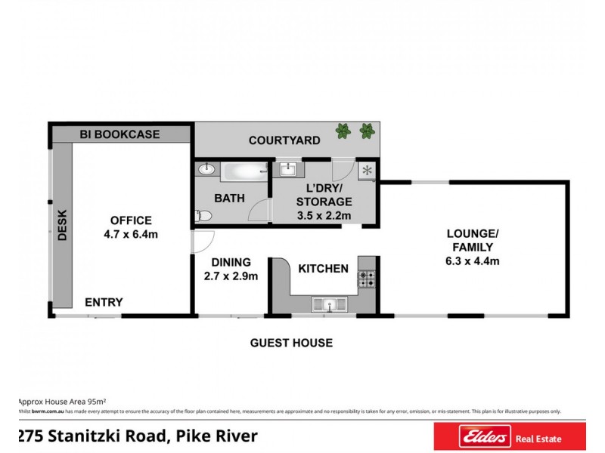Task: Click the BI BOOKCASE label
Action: tap(120, 134)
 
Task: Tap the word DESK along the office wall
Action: tap(63, 224)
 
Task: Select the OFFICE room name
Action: tap(131, 220)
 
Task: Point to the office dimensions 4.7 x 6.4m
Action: tap(131, 234)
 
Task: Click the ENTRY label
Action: tap(104, 302)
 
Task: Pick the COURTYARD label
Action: tap(284, 140)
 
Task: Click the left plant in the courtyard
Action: tap(343, 131)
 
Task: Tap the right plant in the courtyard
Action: tap(367, 131)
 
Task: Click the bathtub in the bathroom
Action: tap(244, 171)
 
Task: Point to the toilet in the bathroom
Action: tap(203, 216)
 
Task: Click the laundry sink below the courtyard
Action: tap(288, 168)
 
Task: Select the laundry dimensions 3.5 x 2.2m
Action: tap(323, 216)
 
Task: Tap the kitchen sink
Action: tap(330, 304)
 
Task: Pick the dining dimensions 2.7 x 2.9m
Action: tap(231, 276)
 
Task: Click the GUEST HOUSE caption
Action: tap(291, 343)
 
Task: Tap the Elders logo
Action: tap(462, 436)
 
